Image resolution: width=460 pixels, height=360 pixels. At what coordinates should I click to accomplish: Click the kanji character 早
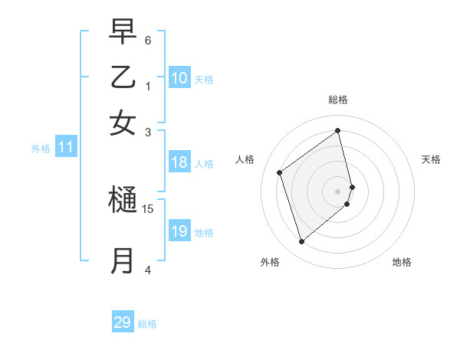(123, 32)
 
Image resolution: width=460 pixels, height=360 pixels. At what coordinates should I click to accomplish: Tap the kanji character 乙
(123, 77)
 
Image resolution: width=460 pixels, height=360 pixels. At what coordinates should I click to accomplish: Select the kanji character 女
(123, 123)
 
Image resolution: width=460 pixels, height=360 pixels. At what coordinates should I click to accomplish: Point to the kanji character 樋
(123, 201)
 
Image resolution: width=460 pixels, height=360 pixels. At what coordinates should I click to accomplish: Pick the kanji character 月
(123, 260)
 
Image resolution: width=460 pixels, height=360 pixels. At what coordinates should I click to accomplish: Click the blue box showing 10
(179, 78)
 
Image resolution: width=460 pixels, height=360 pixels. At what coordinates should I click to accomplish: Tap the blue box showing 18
(179, 162)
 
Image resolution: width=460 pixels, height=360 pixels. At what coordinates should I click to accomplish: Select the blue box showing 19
(179, 231)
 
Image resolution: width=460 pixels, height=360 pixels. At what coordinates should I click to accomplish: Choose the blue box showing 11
(65, 148)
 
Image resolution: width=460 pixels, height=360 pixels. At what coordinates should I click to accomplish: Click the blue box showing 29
(123, 322)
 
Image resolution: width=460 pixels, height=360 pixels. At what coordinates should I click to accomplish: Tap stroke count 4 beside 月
(147, 269)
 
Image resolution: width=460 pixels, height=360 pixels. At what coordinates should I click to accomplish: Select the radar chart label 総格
(338, 100)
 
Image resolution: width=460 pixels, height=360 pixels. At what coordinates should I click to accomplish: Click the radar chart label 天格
(431, 159)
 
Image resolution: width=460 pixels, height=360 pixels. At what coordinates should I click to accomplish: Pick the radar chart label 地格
(402, 262)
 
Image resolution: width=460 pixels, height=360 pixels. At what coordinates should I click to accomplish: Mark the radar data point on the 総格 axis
(338, 130)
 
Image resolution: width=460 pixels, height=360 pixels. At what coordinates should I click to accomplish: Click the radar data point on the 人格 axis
(280, 172)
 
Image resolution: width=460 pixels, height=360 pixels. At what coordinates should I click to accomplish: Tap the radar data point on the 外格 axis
(301, 242)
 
